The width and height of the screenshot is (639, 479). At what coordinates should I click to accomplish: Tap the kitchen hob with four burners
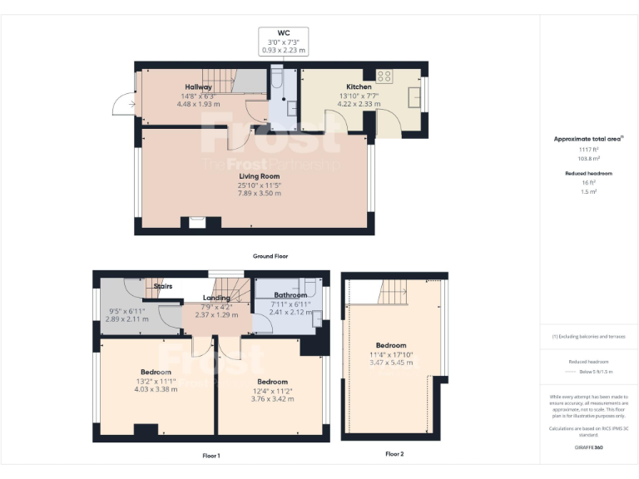[x=384, y=76]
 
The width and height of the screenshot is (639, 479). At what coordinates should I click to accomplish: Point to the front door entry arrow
[x=121, y=105]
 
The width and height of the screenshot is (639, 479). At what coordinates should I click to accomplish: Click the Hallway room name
[x=198, y=86]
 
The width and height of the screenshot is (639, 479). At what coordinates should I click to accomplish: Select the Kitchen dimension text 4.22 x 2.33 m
[x=359, y=104]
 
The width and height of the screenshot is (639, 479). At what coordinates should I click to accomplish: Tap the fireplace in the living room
[x=197, y=222]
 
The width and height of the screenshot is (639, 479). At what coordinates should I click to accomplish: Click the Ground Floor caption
[x=270, y=256]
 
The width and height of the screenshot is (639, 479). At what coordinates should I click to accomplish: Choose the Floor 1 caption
[x=211, y=455]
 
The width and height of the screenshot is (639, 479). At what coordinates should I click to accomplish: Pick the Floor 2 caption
[x=394, y=454]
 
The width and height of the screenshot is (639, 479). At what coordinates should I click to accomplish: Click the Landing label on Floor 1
[x=216, y=297]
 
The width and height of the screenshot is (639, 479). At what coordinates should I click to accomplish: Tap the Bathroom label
[x=290, y=295]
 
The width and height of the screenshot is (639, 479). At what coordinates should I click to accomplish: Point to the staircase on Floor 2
[x=393, y=291]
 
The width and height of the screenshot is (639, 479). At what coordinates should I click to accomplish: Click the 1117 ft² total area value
[x=589, y=149]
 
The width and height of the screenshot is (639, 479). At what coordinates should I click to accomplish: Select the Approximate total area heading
[x=588, y=139]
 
